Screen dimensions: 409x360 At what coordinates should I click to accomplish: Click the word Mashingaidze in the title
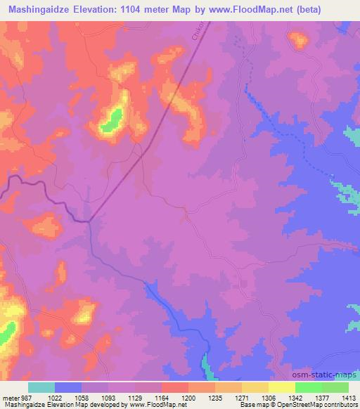tap(39, 9)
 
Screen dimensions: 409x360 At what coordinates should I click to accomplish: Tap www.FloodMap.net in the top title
tap(259, 9)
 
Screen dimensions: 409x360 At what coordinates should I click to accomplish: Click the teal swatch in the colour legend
tap(41, 387)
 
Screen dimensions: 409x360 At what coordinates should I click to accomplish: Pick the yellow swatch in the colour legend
tap(281, 387)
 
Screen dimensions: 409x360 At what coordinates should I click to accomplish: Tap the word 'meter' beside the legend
tap(10, 397)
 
